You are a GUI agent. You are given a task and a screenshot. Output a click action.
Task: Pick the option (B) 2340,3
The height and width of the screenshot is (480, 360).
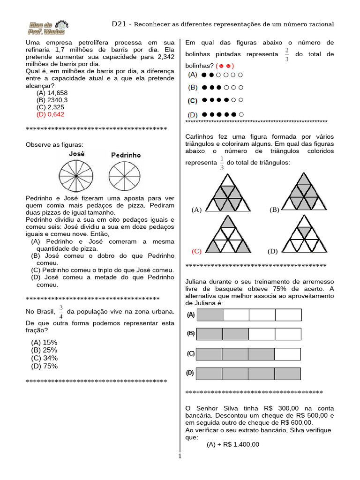click(52, 100)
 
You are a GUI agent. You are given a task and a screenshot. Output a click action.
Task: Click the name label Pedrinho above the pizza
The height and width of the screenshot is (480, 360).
click(126, 155)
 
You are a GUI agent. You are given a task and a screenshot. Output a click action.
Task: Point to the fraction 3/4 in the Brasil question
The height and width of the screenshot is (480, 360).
click(60, 312)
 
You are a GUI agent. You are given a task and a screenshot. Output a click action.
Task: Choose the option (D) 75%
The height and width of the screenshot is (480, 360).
click(44, 366)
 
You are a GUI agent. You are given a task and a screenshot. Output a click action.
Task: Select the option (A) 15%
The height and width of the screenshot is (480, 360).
click(44, 343)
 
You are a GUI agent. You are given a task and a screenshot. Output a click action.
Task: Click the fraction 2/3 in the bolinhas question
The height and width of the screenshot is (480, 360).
click(286, 54)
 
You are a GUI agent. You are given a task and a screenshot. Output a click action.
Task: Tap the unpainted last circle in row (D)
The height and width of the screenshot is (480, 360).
click(241, 114)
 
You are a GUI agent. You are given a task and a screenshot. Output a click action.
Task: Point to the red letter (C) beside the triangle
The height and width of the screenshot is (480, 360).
click(196, 251)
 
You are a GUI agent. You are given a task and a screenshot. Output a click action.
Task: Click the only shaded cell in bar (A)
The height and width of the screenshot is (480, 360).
click(210, 315)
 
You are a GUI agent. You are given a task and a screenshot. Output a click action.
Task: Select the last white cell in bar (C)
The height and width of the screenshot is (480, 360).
click(288, 354)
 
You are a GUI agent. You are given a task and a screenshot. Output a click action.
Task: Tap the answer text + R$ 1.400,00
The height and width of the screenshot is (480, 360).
click(233, 445)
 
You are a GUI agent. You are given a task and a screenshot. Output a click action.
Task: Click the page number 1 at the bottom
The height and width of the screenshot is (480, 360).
click(180, 457)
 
